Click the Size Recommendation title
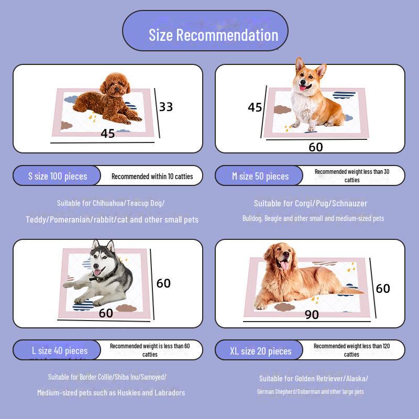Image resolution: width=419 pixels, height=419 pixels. (213, 35)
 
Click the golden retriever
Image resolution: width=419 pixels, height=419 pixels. (293, 278)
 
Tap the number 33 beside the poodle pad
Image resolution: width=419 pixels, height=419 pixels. (166, 107)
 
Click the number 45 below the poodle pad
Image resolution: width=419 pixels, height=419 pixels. (107, 134)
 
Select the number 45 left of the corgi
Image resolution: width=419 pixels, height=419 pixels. (255, 107)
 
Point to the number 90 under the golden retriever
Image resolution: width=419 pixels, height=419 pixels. (312, 314)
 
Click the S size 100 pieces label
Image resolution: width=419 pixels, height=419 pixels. (58, 176)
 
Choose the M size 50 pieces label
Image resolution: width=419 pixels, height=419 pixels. (260, 176)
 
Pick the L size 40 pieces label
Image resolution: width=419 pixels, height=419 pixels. (59, 350)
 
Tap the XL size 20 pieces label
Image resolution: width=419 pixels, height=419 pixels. (260, 351)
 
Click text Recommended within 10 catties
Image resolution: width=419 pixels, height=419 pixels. (152, 177)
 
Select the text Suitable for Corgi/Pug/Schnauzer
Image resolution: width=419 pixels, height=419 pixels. (310, 203)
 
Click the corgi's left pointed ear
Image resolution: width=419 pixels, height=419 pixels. (300, 65)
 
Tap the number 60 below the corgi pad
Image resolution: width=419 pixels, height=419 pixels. (315, 147)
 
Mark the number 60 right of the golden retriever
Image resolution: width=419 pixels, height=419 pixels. (383, 289)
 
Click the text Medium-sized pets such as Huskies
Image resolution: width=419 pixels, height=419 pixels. (111, 392)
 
